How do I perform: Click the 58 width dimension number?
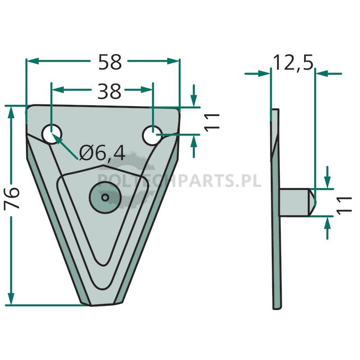click(x=110, y=62)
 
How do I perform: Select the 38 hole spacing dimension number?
click(x=109, y=91)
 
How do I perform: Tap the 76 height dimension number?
click(x=12, y=198)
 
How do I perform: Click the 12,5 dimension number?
click(x=293, y=63)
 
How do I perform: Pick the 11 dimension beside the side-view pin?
click(x=344, y=205)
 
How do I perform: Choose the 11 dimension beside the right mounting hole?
click(x=211, y=122)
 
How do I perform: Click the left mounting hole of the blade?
click(x=52, y=134)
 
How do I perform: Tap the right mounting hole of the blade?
click(x=152, y=135)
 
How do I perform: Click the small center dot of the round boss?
click(x=105, y=197)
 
